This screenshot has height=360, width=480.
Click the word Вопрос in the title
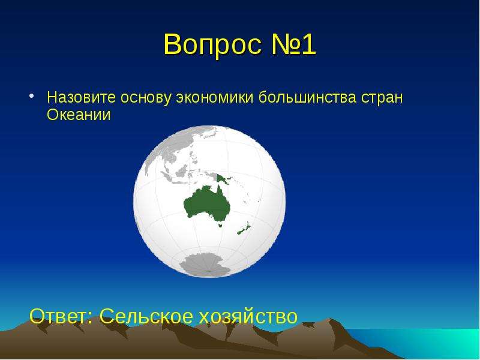coord(213,45)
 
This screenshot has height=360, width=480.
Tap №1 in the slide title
coord(293,44)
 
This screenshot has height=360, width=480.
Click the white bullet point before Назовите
coord(31,96)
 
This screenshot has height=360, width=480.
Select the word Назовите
coord(82,97)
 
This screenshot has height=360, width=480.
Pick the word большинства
coord(307,97)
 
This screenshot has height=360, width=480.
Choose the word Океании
coord(79,115)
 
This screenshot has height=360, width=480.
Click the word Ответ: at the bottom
coord(61,316)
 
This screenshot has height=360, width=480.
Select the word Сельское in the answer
coord(146,316)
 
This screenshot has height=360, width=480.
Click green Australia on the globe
coord(206,203)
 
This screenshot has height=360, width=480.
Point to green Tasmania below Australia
coord(220,226)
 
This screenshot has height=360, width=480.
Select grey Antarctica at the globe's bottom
coord(205,265)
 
